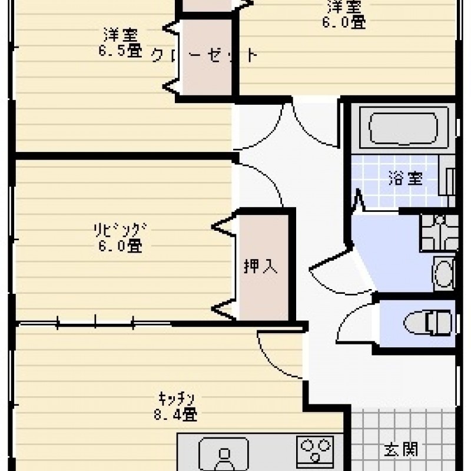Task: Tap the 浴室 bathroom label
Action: click(405, 179)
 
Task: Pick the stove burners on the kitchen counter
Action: click(314, 450)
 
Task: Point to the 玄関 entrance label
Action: click(402, 450)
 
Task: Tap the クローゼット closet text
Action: click(205, 56)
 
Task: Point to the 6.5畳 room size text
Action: click(120, 51)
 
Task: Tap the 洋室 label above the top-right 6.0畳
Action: click(344, 8)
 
